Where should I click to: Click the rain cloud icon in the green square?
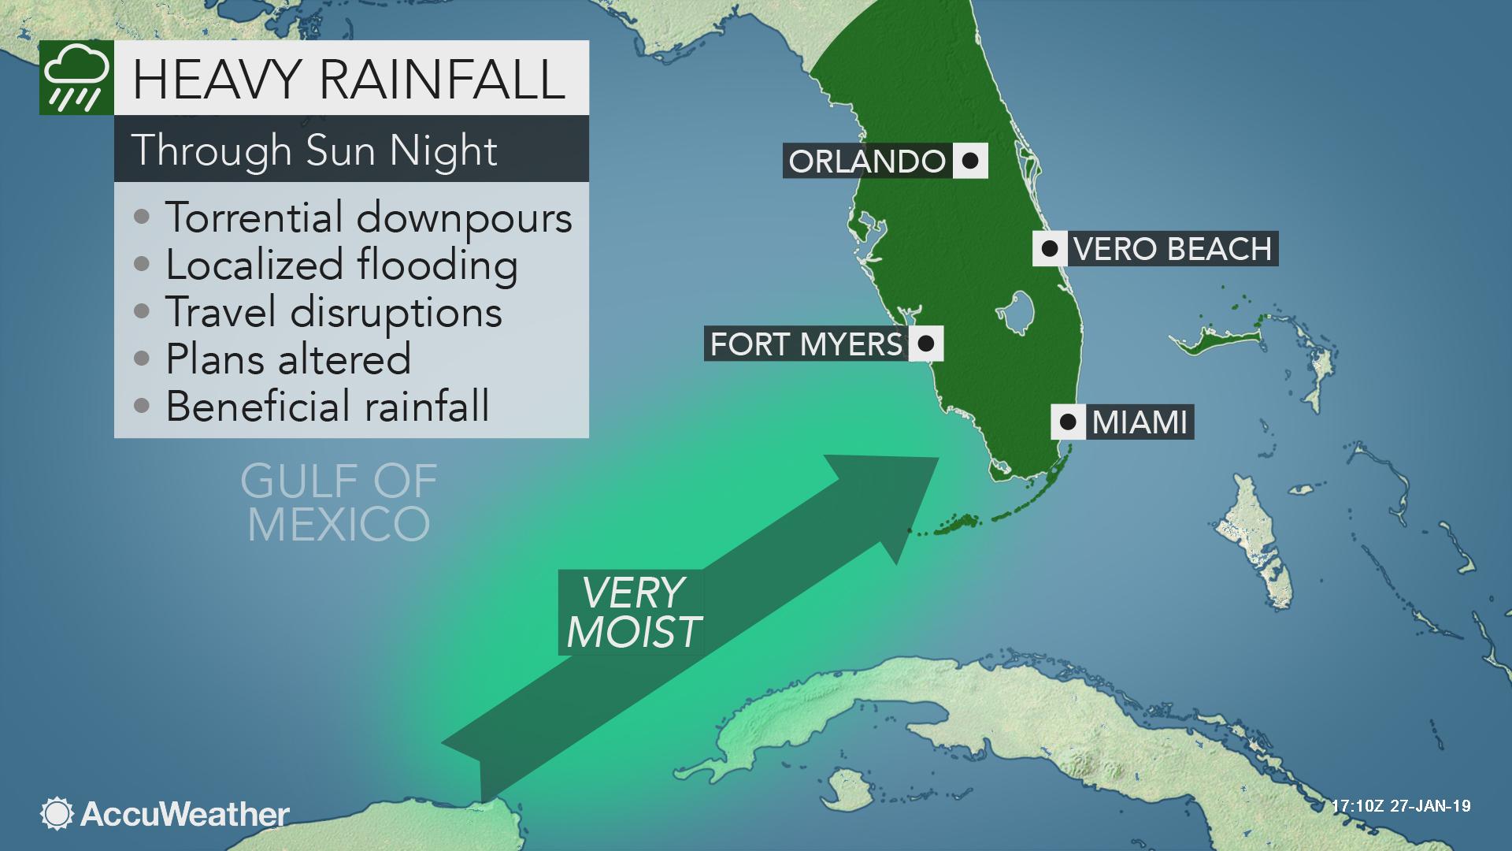(x=76, y=78)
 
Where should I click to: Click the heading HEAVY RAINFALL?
(x=349, y=78)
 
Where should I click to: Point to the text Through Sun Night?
(x=314, y=150)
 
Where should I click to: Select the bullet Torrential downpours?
(x=368, y=217)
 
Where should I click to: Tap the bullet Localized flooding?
(x=341, y=265)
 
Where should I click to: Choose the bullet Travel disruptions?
(x=333, y=312)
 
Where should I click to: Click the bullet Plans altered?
(x=287, y=359)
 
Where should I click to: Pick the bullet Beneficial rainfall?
(x=327, y=407)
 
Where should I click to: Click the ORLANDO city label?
(x=867, y=162)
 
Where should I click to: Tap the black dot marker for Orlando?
(x=970, y=161)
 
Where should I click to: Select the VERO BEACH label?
(x=1172, y=249)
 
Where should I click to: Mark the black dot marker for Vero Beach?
(x=1049, y=249)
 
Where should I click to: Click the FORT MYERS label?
(x=806, y=344)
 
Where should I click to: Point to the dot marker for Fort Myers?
(x=926, y=344)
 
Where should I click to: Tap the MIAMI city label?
(x=1139, y=422)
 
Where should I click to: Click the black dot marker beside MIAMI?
(x=1068, y=422)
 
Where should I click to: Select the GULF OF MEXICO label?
(x=339, y=503)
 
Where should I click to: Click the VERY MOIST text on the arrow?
(x=633, y=611)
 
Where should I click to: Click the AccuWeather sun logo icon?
(x=57, y=814)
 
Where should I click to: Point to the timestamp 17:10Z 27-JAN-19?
(x=1401, y=807)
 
